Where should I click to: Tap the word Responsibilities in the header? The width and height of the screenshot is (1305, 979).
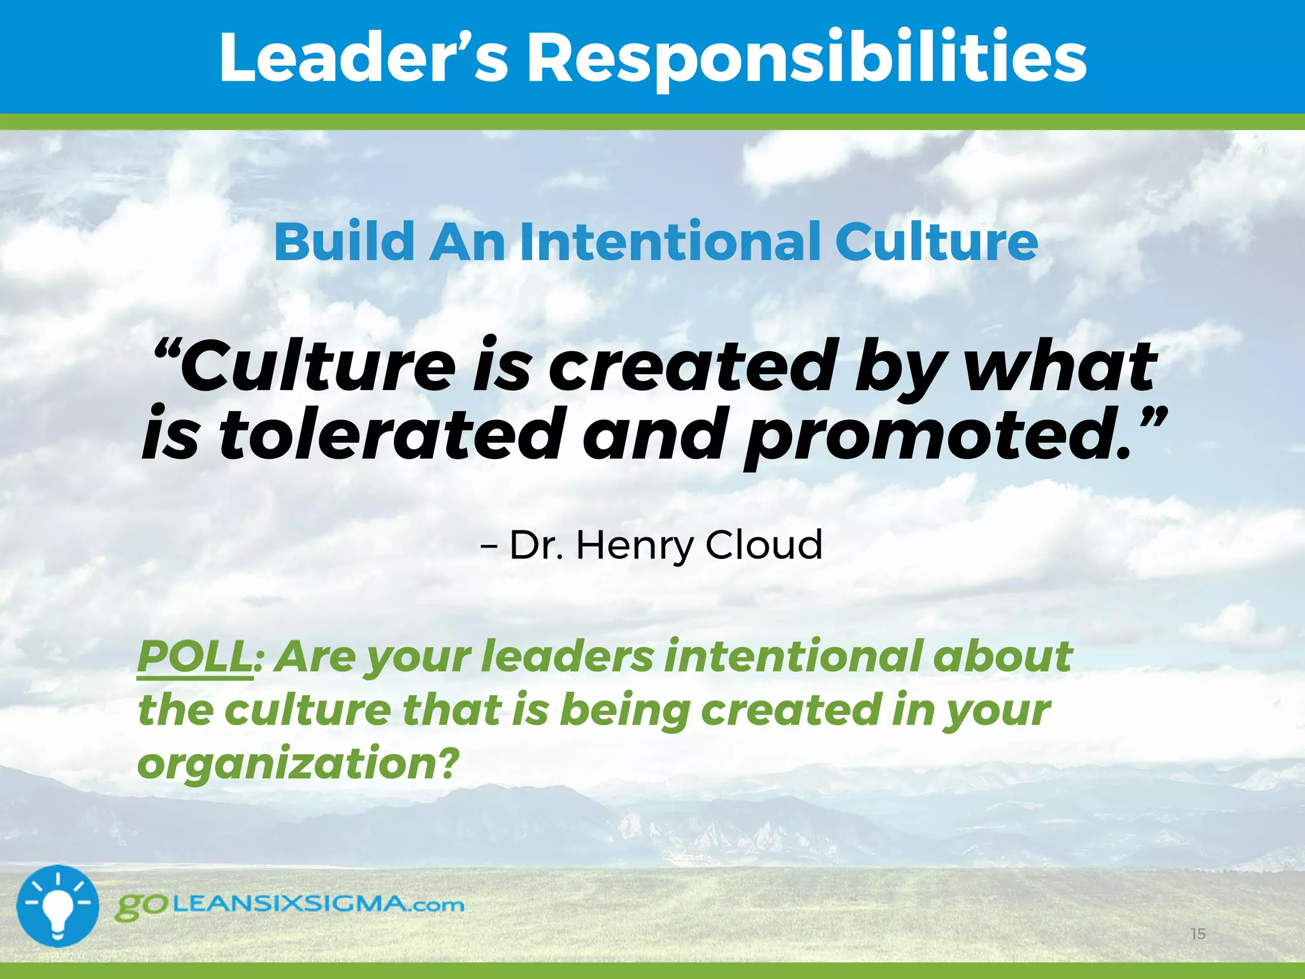click(807, 59)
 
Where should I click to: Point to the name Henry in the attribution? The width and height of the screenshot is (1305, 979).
click(635, 546)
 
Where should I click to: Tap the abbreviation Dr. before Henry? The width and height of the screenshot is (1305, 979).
click(536, 546)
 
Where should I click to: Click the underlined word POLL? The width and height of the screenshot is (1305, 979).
click(194, 656)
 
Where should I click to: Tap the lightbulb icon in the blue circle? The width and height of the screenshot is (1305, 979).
click(57, 906)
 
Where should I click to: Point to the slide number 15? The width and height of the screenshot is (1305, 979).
click(1198, 934)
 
